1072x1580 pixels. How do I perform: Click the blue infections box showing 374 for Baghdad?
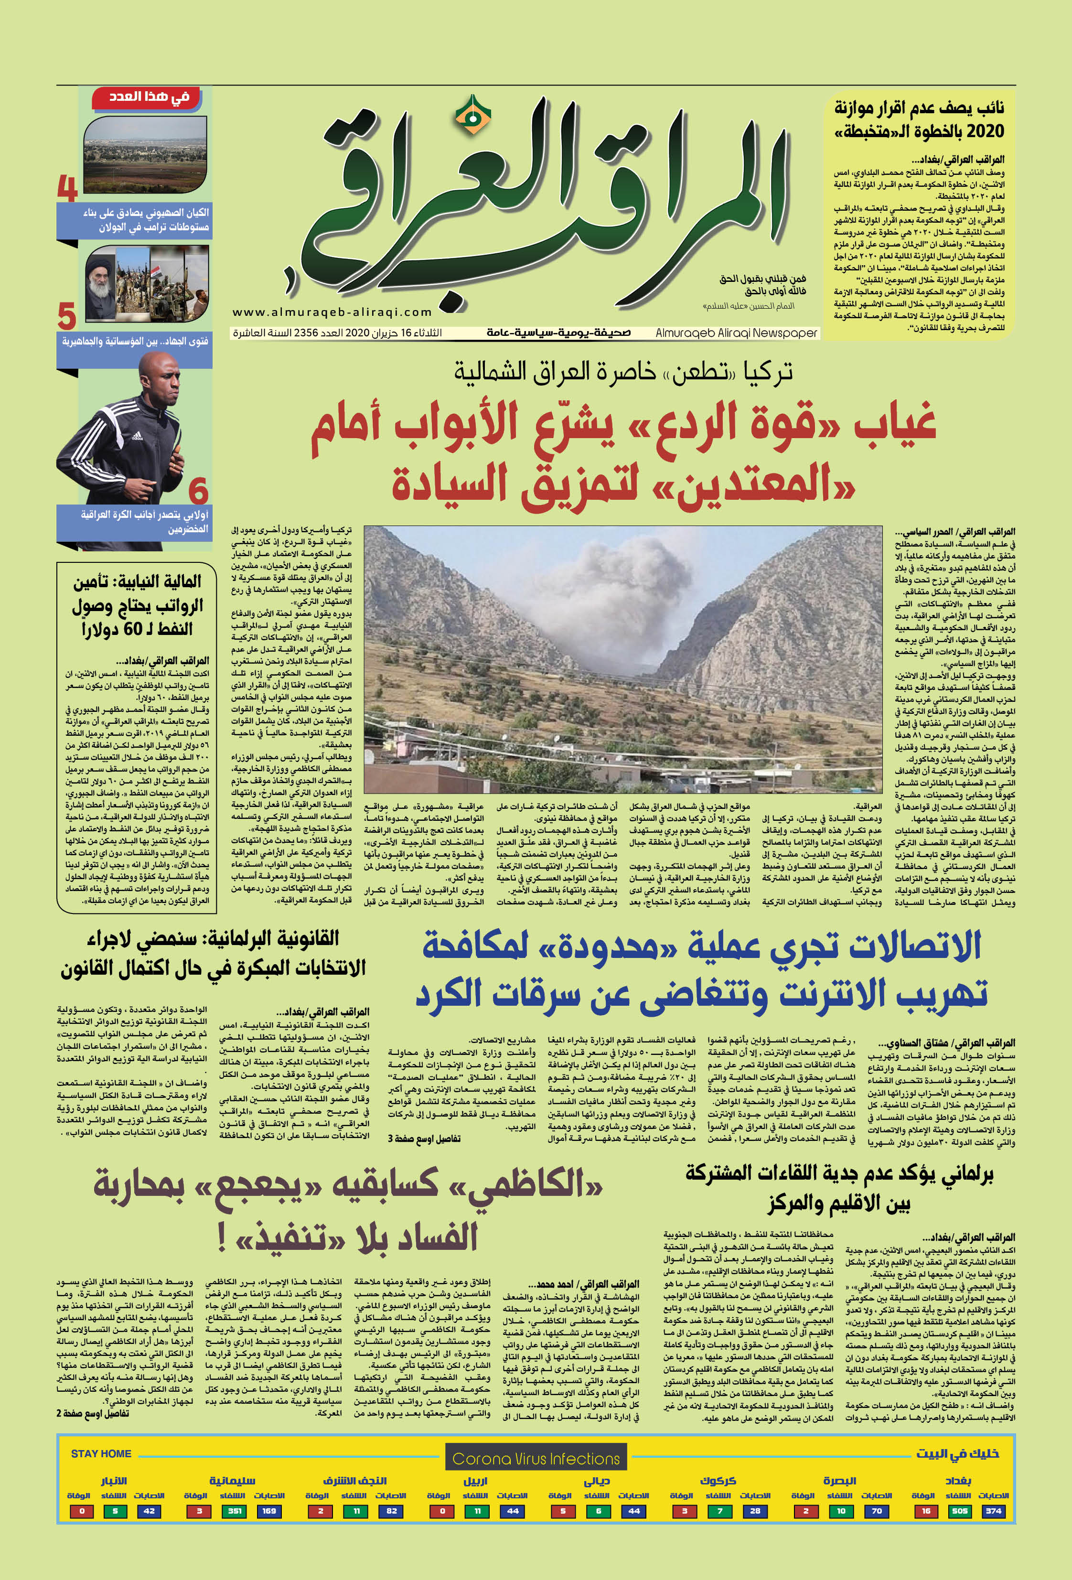point(993,1511)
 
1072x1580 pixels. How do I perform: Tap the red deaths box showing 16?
point(926,1511)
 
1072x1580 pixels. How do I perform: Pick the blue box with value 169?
point(269,1511)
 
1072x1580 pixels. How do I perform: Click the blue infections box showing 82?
point(392,1511)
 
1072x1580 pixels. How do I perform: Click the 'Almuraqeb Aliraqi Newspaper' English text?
point(736,333)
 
